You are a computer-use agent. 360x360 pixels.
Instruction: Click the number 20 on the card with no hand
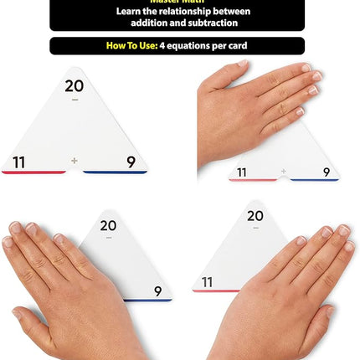pos(75,86)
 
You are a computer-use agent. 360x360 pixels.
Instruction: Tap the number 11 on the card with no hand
pos(19,162)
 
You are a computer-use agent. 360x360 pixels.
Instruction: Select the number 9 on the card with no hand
pos(131,162)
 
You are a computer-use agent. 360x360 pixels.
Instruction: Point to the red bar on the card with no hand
pos(33,172)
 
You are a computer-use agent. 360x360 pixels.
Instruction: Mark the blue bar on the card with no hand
pos(115,172)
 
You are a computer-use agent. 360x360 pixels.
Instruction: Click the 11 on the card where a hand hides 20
pos(242,172)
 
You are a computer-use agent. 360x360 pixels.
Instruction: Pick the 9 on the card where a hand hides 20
pos(326,172)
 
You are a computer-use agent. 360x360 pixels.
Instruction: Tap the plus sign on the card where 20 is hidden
pos(284,172)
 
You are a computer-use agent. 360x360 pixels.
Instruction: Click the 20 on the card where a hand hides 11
pos(108,224)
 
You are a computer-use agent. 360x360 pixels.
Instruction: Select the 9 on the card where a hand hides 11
pos(157,291)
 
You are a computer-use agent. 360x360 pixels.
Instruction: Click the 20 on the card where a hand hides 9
pos(255,216)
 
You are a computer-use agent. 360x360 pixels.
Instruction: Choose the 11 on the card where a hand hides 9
pos(207,281)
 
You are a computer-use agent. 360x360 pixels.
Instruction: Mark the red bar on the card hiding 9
pos(206,291)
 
